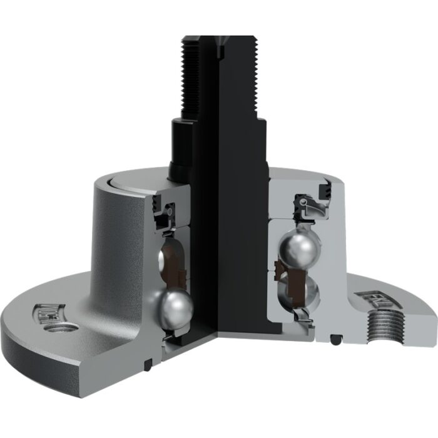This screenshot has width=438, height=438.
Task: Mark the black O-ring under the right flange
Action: pyautogui.click(x=337, y=340)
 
